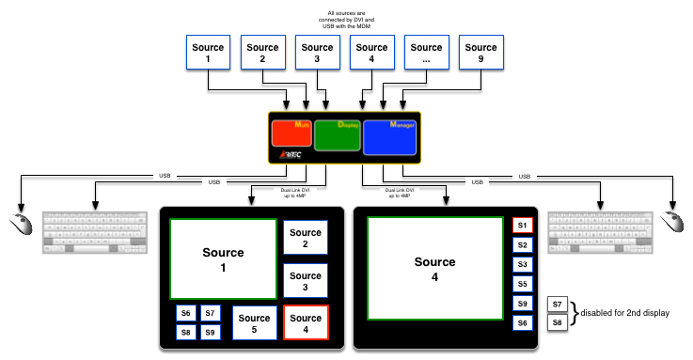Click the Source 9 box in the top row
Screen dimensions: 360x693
pyautogui.click(x=480, y=53)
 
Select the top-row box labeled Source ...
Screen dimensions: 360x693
pyautogui.click(x=426, y=53)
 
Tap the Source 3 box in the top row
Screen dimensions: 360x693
pyautogui.click(x=317, y=53)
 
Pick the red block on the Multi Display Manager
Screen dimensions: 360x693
pyautogui.click(x=291, y=133)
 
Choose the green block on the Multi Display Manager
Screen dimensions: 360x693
pyautogui.click(x=337, y=135)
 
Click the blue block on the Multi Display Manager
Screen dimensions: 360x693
pyautogui.click(x=389, y=137)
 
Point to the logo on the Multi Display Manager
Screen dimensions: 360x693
pyautogui.click(x=289, y=156)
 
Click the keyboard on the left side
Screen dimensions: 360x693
pyautogui.click(x=95, y=232)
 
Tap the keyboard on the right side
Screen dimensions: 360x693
pyautogui.click(x=600, y=231)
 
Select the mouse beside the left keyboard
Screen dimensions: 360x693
pyautogui.click(x=21, y=225)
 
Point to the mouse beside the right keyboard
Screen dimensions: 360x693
pyautogui.click(x=671, y=222)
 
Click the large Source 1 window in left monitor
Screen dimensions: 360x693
pyautogui.click(x=223, y=258)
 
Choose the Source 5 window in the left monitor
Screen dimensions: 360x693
pyautogui.click(x=254, y=323)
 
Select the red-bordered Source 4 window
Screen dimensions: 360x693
pyautogui.click(x=306, y=323)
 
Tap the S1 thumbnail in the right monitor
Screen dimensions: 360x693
pyautogui.click(x=523, y=226)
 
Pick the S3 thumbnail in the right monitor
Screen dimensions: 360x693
pyautogui.click(x=523, y=264)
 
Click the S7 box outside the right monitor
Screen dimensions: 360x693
pyautogui.click(x=558, y=304)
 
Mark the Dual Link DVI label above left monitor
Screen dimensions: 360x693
pyautogui.click(x=296, y=192)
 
